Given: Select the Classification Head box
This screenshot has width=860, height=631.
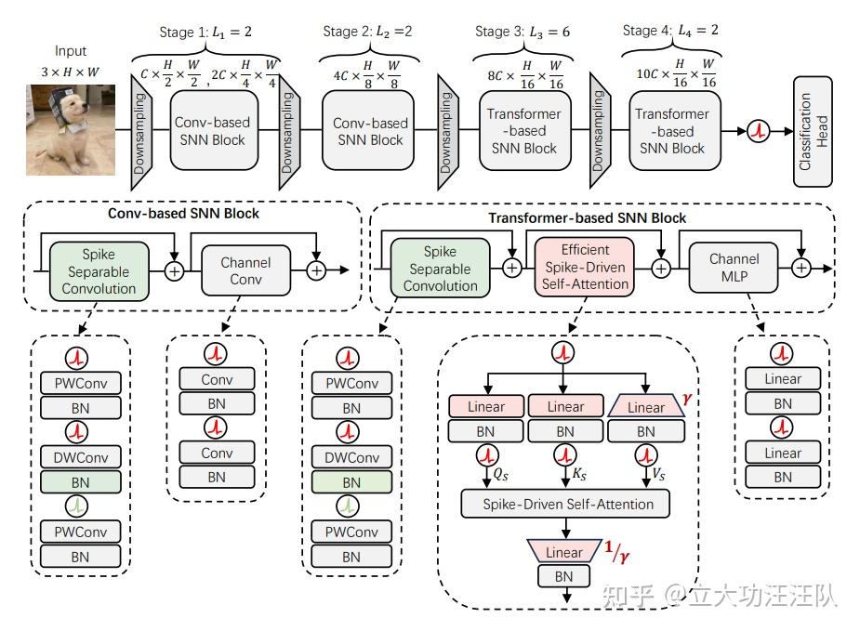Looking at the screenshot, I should tap(813, 131).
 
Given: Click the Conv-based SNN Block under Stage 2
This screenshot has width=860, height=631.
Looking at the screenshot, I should tap(371, 132).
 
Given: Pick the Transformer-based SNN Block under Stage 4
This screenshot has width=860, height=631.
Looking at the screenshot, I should tap(672, 131).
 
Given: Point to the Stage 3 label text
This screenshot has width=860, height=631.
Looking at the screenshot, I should tap(523, 32).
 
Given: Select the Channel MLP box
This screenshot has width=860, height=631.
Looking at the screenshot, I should tap(734, 269).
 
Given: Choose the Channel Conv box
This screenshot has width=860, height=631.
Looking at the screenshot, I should tap(245, 269).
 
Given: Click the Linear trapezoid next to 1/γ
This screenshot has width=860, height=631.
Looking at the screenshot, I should tap(564, 552).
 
